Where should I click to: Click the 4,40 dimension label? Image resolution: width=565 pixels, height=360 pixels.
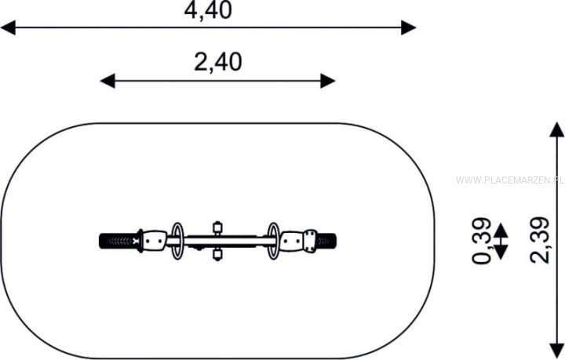coord(208,10)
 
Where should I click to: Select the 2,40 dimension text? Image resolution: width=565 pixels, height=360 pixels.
coord(218,62)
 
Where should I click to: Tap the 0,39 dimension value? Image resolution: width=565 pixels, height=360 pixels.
coord(481,241)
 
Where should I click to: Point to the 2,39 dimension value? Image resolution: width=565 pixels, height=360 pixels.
coord(539,240)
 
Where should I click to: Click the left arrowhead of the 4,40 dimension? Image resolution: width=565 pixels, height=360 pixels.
coord(8,27)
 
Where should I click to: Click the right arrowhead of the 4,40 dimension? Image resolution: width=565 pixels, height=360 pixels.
coord(409,27)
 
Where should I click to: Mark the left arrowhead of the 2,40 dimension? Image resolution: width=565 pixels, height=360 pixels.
coord(108,81)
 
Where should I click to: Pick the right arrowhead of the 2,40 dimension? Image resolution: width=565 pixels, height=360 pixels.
coord(328,81)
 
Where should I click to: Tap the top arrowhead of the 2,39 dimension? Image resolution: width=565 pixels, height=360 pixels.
coord(556,129)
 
